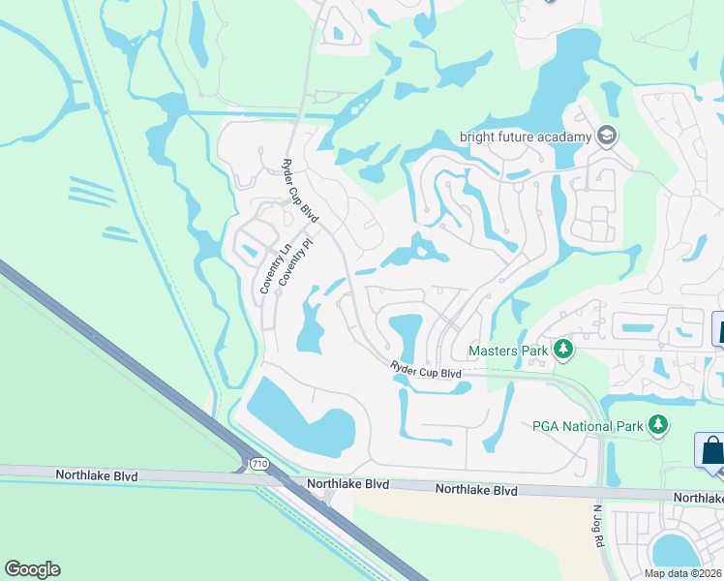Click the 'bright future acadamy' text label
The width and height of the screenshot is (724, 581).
click(x=525, y=137)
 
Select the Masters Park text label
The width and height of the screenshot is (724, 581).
click(x=508, y=351)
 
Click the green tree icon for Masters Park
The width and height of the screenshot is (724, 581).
click(x=562, y=350)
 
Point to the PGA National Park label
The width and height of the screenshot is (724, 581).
click(x=587, y=426)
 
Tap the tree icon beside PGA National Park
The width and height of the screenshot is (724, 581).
click(x=658, y=425)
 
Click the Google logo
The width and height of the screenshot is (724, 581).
click(x=33, y=569)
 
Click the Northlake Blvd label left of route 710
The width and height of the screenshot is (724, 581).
click(x=97, y=476)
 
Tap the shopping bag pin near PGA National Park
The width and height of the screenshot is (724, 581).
click(x=711, y=451)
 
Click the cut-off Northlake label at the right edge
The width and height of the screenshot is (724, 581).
click(x=698, y=498)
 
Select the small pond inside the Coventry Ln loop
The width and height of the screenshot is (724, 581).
click(x=251, y=250)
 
